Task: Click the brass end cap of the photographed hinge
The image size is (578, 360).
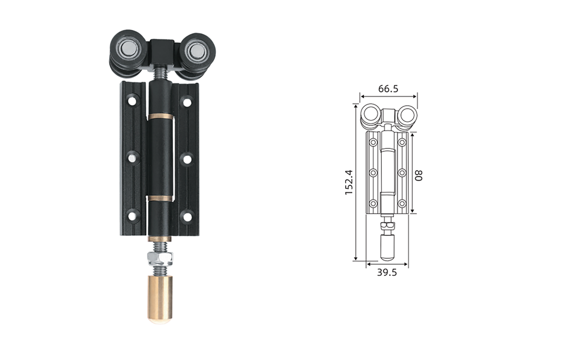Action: click(161, 299)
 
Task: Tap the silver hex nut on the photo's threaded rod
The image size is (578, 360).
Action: click(161, 258)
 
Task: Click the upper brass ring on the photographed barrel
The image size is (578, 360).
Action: click(161, 117)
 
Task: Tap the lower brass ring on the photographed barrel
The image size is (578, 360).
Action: click(161, 198)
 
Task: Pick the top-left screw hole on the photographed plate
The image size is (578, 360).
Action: click(132, 100)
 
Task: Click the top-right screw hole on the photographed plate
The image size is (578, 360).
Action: click(188, 101)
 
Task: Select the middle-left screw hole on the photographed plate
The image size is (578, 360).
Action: click(132, 158)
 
